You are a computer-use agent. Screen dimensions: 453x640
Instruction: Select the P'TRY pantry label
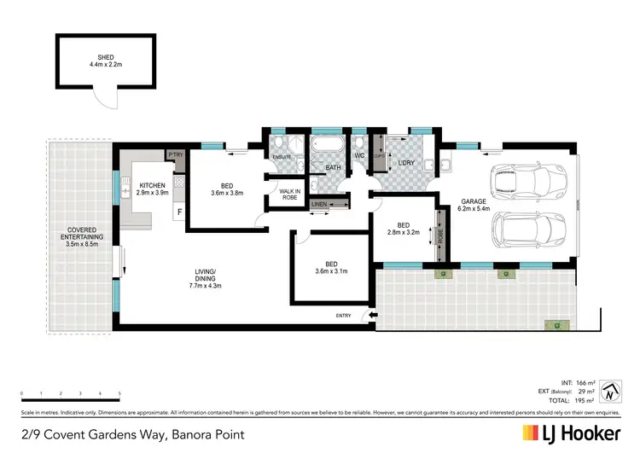coord(177,154)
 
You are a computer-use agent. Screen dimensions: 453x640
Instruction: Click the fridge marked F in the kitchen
coord(179,210)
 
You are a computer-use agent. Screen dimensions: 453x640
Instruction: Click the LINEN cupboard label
coord(319,204)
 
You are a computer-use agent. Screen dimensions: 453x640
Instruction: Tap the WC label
coord(359,156)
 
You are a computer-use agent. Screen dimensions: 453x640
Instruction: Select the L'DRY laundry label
coord(405,161)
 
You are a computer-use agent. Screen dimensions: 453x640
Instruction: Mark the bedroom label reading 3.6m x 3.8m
coord(226,189)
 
